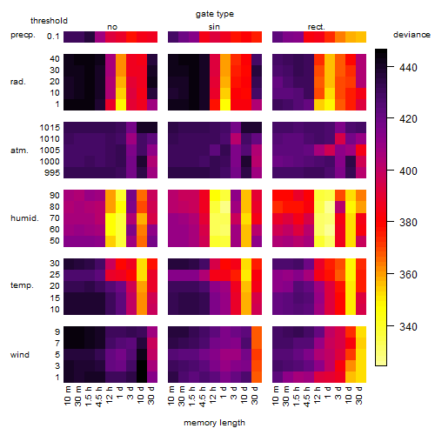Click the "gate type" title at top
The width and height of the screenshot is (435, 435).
click(215, 14)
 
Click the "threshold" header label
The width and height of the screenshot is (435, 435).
click(49, 21)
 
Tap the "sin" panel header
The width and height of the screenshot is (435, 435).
click(214, 27)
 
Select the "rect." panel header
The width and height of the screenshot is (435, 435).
click(316, 27)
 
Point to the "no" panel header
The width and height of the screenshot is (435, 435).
click(112, 27)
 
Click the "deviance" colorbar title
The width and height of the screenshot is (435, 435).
click(412, 35)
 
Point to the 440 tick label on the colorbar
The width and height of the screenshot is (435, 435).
click(408, 68)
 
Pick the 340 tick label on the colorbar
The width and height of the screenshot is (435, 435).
click(408, 327)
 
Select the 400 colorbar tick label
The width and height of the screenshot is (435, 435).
click(408, 171)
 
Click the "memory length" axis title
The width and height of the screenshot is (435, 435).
click(214, 423)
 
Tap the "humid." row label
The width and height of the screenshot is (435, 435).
click(24, 218)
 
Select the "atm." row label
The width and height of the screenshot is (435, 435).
click(19, 151)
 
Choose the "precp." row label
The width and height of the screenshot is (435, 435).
click(23, 35)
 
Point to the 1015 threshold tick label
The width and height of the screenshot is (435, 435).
click(50, 127)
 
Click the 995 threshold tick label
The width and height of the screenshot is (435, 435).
click(52, 173)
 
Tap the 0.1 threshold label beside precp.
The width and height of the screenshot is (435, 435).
click(53, 37)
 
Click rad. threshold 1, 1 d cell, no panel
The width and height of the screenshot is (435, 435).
click(121, 104)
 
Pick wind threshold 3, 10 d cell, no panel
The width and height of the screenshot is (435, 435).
click(142, 365)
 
